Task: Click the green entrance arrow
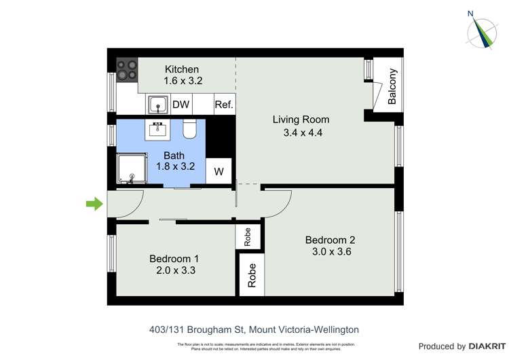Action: pos(94,203)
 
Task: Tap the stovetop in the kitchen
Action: pos(127,69)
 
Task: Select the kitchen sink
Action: pos(158,105)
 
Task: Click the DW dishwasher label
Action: pos(181,105)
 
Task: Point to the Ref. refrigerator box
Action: pos(224,105)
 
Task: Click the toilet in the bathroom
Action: pos(190,128)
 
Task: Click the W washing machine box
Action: pos(219,172)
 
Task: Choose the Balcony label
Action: pos(392,87)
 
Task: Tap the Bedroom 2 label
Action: pos(330,240)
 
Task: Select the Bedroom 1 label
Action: pos(174,258)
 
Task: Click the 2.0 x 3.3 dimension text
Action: pos(174,270)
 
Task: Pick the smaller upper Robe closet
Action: pos(248,236)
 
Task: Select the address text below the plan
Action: pos(254,329)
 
